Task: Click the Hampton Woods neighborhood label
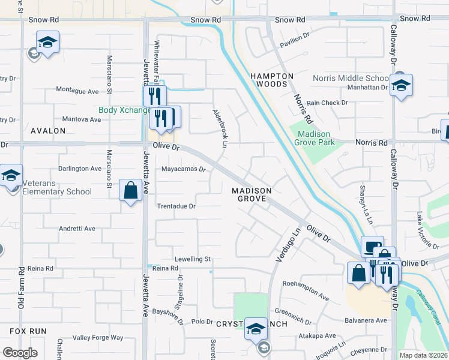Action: pos(272,80)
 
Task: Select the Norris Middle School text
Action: pos(351,78)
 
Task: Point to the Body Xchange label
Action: pos(124,110)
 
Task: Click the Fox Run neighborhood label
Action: pos(28,331)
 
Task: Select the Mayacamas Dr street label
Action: pos(184,169)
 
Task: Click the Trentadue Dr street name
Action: pos(176,206)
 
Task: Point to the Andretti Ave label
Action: pos(77,229)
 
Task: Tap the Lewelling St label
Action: pos(192,259)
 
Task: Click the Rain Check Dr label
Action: pos(327,103)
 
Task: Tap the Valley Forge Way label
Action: pos(98,338)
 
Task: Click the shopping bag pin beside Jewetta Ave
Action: pos(131,191)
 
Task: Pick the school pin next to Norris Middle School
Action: pos(400,85)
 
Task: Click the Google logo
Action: pos(20,353)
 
